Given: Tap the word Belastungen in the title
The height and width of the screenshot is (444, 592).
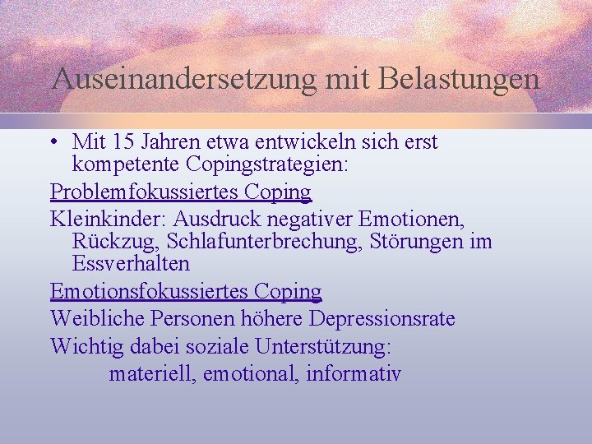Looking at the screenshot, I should tap(461, 79).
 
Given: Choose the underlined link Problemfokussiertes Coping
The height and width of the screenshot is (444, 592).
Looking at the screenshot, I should tap(181, 192).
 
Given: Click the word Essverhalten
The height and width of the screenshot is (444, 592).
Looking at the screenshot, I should tap(131, 264).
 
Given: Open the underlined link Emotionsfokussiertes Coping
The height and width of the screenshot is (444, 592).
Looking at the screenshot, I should tap(186, 291).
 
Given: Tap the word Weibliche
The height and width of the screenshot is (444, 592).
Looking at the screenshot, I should tap(93, 318).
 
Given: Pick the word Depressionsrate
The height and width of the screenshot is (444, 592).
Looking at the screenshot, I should tap(382, 318).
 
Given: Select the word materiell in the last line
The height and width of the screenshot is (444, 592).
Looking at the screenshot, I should tap(152, 374).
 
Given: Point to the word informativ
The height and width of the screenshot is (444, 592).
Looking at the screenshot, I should tap(354, 374).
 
